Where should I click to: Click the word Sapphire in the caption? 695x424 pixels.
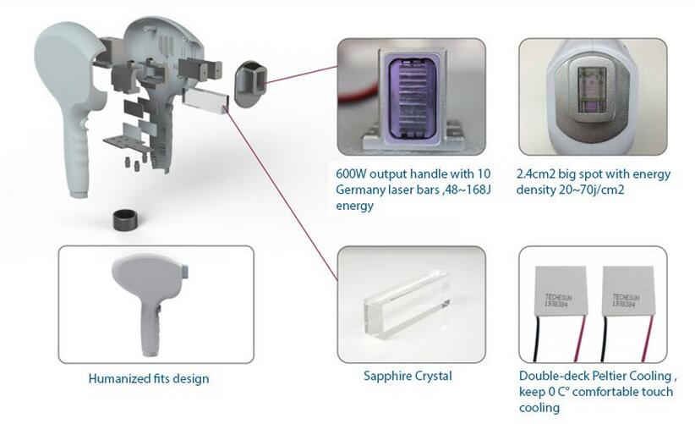point(384,376)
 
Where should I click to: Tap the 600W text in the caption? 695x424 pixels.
point(351,173)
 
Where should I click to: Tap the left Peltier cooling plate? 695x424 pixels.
point(561,291)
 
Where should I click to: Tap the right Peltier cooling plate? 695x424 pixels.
point(629,291)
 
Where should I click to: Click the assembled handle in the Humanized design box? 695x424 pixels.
point(150,300)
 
